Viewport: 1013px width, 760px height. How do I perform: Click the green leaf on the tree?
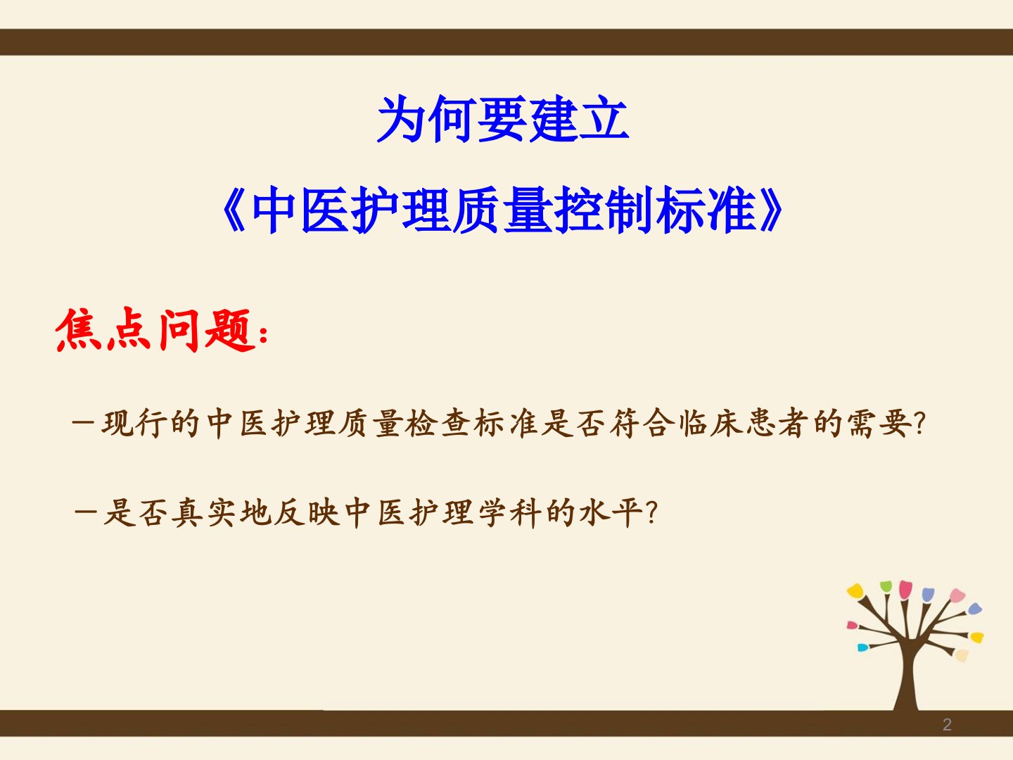pos(886,586)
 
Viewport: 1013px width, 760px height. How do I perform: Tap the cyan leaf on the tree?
pos(862,648)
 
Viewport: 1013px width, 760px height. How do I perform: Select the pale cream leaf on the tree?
pos(962,654)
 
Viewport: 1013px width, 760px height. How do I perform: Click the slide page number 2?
pos(947,725)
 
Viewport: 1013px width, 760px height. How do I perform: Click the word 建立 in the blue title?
pos(579,119)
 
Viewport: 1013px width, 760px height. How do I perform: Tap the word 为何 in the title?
pos(426,119)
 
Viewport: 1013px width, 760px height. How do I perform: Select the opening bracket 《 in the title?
pos(234,210)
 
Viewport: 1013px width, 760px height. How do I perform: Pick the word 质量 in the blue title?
pos(502,210)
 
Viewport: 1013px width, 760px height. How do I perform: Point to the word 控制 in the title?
pos(604,210)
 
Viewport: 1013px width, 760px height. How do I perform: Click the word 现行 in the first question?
pos(134,423)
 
